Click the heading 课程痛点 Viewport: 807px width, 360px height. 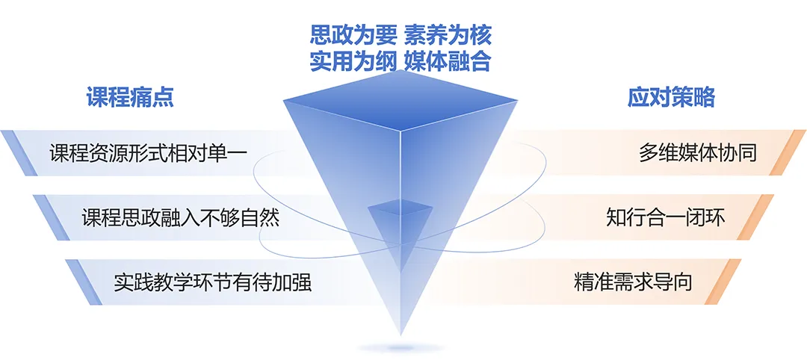coord(130,97)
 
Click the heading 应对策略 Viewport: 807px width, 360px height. coord(671,97)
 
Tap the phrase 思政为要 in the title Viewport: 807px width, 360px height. coord(353,36)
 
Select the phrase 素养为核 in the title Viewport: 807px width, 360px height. coord(448,36)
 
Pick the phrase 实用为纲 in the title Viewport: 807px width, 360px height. coord(353,63)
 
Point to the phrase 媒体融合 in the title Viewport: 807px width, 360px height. coord(448,63)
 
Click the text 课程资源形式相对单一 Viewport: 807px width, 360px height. coord(149,153)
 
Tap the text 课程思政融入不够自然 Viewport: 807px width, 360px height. coord(181,218)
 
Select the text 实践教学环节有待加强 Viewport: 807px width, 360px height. coord(213,283)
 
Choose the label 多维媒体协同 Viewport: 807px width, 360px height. coord(698,153)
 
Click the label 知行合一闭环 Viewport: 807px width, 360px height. coord(666,218)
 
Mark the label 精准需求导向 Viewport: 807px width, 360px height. coord(633,283)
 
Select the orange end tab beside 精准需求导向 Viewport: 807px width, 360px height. coord(726,282)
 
